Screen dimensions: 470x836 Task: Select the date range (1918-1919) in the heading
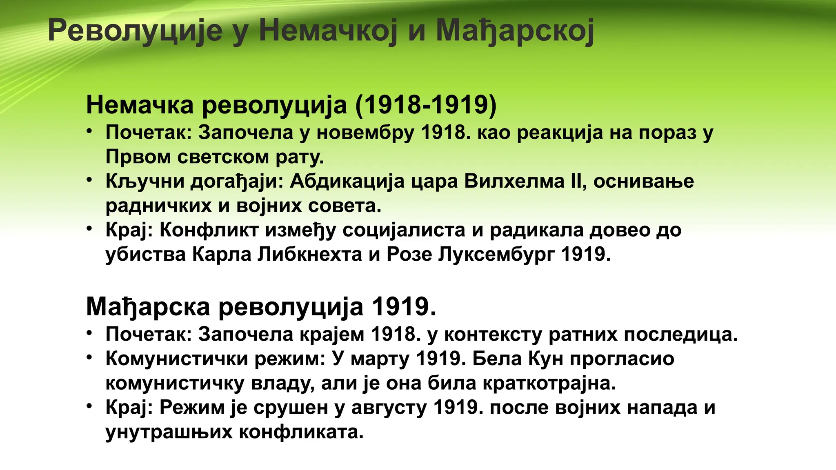click(x=426, y=105)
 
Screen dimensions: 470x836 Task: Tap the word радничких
click(x=158, y=206)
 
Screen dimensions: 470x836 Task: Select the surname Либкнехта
click(x=310, y=255)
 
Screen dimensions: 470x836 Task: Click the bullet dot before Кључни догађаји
click(x=89, y=179)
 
